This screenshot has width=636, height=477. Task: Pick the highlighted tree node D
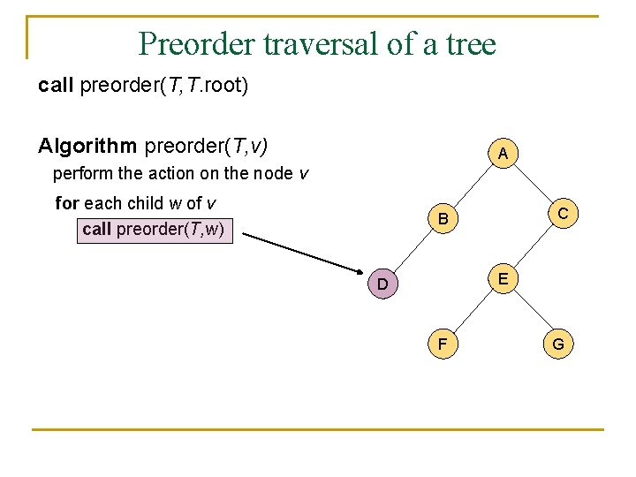click(x=382, y=284)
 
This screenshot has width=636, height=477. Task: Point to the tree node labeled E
click(x=502, y=279)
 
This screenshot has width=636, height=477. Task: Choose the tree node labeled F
click(x=443, y=344)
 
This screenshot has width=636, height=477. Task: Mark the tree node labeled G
click(x=558, y=344)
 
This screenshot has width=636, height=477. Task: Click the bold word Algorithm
click(x=88, y=145)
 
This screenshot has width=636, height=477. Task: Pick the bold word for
click(x=67, y=203)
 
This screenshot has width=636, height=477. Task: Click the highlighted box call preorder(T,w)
click(x=155, y=230)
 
